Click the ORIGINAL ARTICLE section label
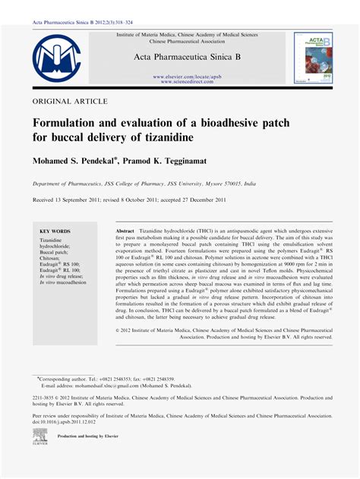tap(70, 101)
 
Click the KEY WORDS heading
tap(55, 231)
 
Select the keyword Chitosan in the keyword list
tap(52, 258)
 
